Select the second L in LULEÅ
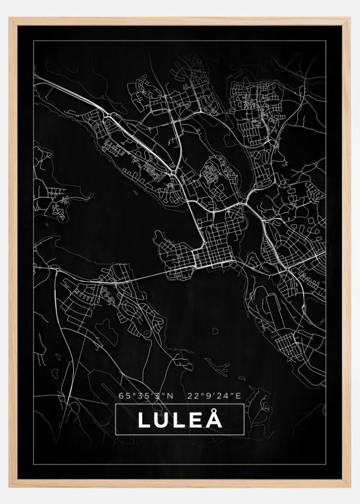178,420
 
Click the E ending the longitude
238,395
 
